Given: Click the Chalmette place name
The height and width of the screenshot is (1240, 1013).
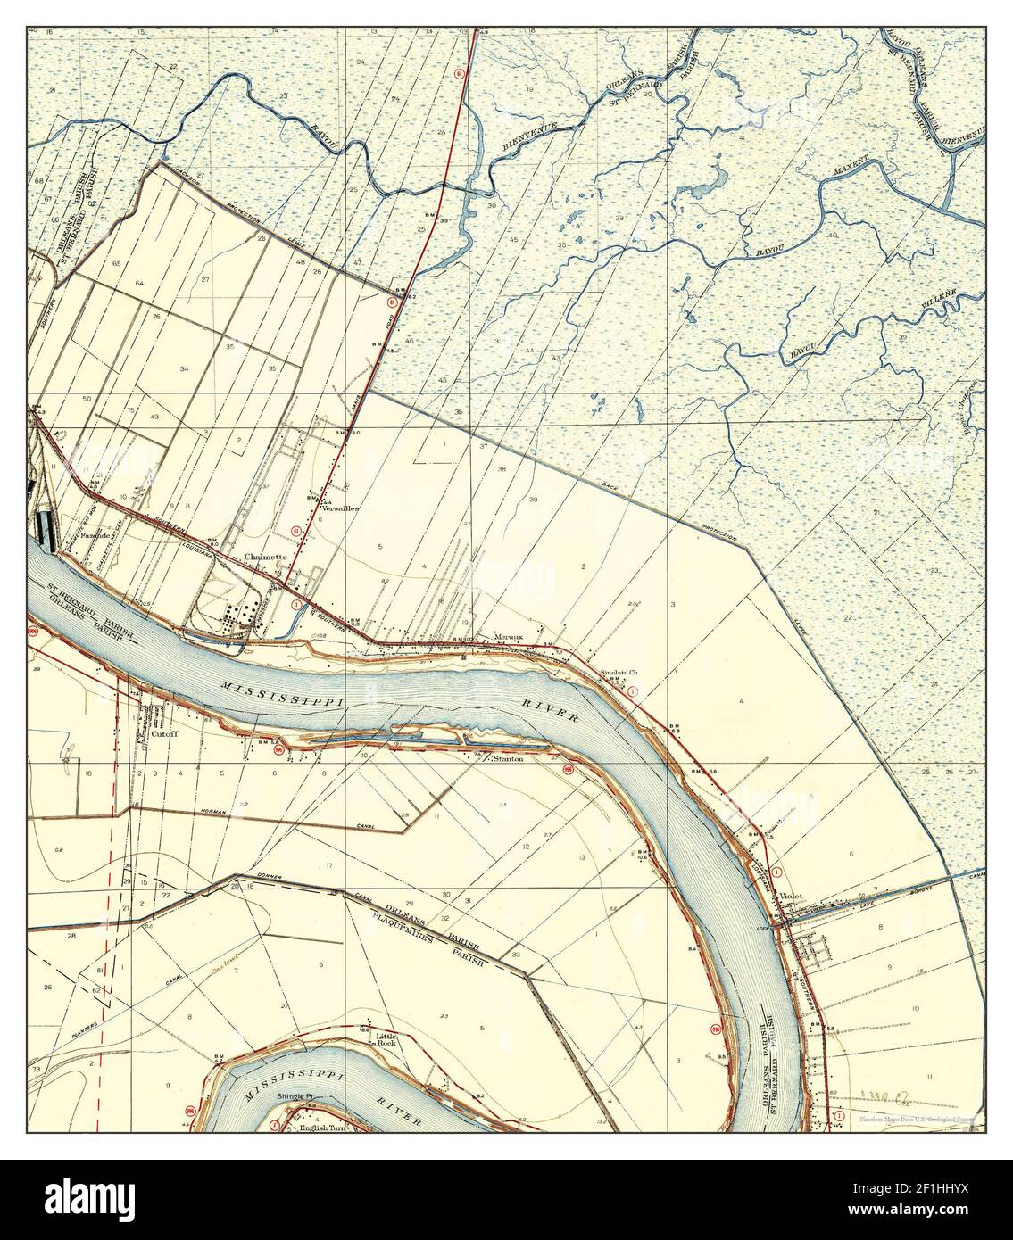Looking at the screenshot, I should click(266, 557).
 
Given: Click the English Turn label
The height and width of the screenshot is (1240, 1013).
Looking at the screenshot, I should click(325, 1128).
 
